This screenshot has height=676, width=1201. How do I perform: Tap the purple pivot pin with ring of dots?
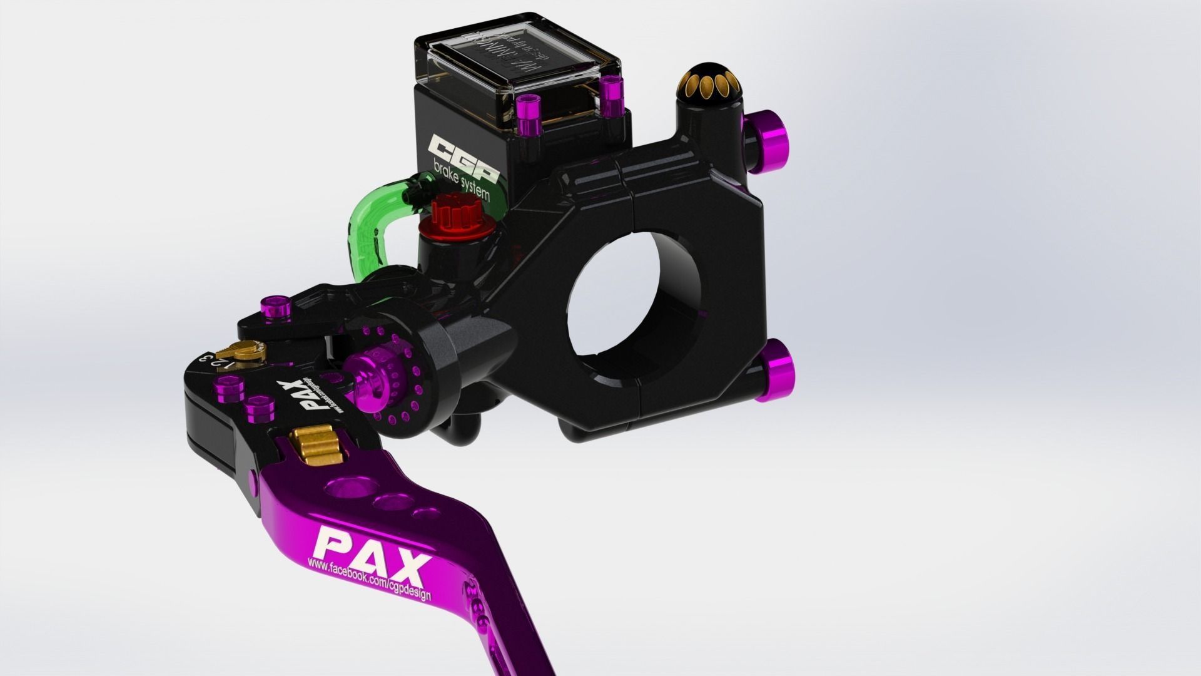pos(369,376)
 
